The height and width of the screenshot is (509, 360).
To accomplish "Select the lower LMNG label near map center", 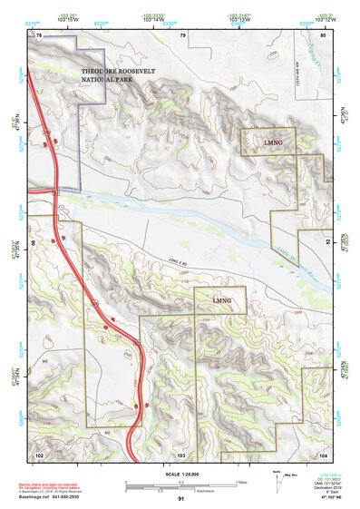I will tap(222, 299).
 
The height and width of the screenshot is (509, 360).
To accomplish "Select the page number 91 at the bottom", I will tap(180, 498).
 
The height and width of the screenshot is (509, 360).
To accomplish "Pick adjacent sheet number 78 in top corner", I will tap(38, 34).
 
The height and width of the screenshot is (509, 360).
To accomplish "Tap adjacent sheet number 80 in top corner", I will tap(322, 34).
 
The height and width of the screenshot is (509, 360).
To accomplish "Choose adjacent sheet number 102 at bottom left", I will tap(38, 453).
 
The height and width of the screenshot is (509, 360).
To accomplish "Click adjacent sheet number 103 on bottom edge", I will tap(181, 453).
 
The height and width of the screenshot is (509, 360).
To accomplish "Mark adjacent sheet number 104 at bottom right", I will tap(323, 453).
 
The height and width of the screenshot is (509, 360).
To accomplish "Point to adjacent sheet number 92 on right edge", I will tap(327, 242).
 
